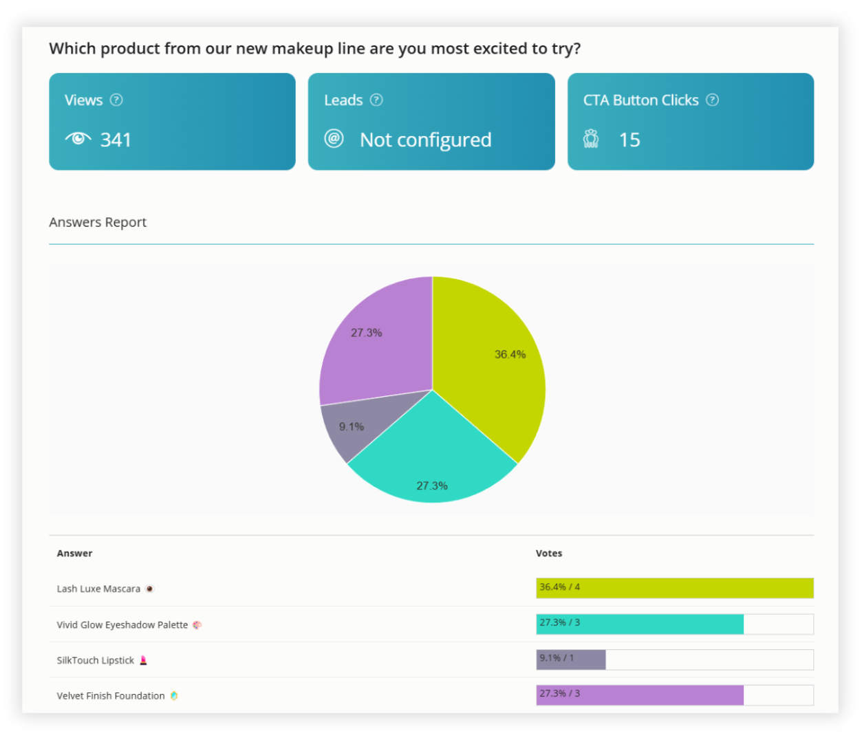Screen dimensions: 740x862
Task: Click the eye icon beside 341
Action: [x=78, y=139]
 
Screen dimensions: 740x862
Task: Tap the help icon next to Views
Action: [x=116, y=100]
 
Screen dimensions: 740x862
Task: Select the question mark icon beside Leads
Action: [x=376, y=100]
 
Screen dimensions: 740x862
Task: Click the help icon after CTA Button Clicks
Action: [x=713, y=100]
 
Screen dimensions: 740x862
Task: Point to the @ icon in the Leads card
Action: [x=334, y=139]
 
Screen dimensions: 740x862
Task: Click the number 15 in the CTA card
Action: [x=629, y=140]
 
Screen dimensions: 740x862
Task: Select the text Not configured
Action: [x=425, y=140]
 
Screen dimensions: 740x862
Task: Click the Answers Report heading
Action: [x=98, y=222]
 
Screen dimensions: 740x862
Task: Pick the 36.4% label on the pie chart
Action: [x=510, y=355]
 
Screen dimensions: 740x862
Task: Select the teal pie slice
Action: [x=432, y=461]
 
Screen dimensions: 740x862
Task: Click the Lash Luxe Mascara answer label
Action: [x=98, y=589]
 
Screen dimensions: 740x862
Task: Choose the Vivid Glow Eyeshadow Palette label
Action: [x=122, y=625]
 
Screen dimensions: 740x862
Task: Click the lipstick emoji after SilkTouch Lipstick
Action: [x=144, y=660]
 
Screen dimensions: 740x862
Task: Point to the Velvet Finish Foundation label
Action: [x=111, y=696]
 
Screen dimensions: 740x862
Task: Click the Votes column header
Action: [x=549, y=554]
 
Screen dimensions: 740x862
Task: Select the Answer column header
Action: [x=74, y=554]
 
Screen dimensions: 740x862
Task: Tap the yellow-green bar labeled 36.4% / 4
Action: [x=674, y=588]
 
